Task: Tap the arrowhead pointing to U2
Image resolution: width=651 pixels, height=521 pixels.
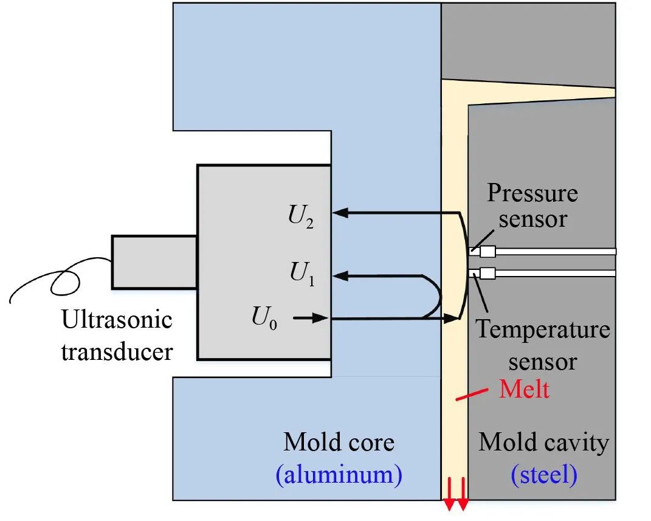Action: coord(342,213)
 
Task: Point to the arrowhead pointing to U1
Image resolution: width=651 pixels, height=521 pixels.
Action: coord(342,275)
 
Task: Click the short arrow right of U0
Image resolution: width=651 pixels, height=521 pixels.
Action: coord(311,318)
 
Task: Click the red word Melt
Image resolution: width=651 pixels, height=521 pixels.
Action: coord(524,388)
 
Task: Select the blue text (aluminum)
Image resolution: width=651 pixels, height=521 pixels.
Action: coord(339,474)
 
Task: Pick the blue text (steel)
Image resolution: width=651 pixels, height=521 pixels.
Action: coord(544,474)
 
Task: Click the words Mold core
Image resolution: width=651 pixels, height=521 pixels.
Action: coord(339,442)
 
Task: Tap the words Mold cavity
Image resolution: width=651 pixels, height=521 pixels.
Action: coord(543,442)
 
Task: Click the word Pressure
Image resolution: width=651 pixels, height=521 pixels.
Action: coord(532,193)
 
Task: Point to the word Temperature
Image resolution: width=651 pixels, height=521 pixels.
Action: coord(542,330)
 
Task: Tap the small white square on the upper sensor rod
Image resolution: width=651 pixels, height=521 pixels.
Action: coord(487,251)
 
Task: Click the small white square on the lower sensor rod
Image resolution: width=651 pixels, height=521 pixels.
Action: coord(487,274)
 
